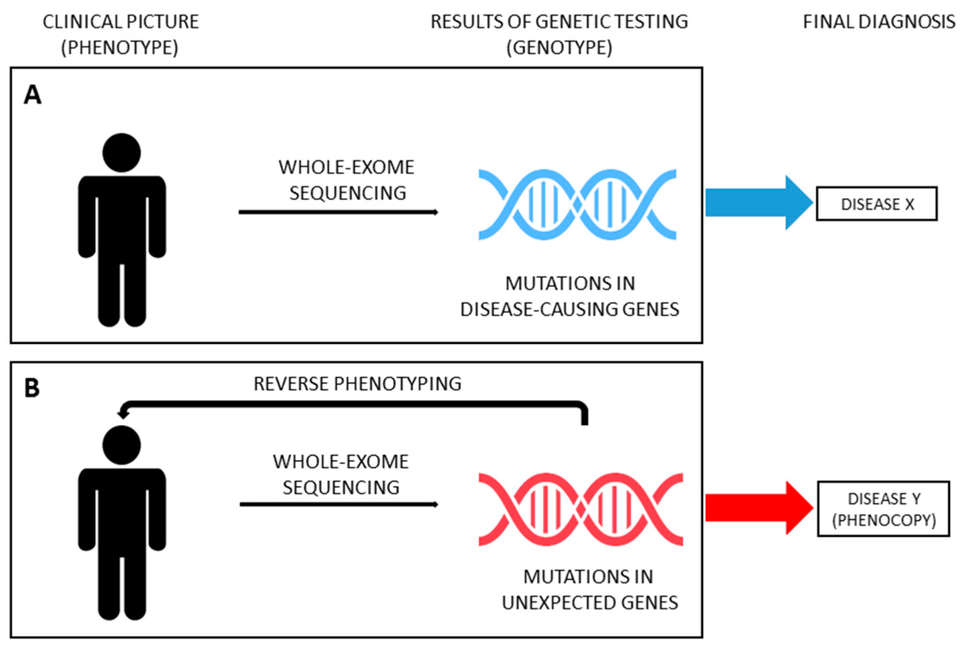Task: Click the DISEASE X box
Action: [877, 204]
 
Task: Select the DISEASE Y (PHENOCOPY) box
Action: [883, 509]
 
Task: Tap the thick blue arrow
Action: [759, 202]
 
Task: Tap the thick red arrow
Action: [759, 508]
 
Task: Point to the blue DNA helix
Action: [577, 205]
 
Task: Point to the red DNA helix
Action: [581, 509]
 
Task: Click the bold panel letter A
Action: [33, 95]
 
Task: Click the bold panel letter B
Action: [32, 388]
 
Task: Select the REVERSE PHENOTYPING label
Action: [357, 384]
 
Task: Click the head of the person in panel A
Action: [122, 152]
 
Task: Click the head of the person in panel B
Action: [122, 445]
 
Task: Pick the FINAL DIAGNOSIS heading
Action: [879, 21]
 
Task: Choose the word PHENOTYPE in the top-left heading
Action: [119, 47]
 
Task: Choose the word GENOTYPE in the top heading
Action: [559, 47]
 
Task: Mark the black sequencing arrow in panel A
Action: [338, 212]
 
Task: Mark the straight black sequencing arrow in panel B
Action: [339, 504]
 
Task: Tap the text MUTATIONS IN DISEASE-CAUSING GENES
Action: [570, 296]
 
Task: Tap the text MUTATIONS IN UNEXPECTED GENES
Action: [590, 590]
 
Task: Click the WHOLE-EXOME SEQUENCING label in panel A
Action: [347, 180]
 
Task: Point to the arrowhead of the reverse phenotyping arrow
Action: [122, 414]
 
